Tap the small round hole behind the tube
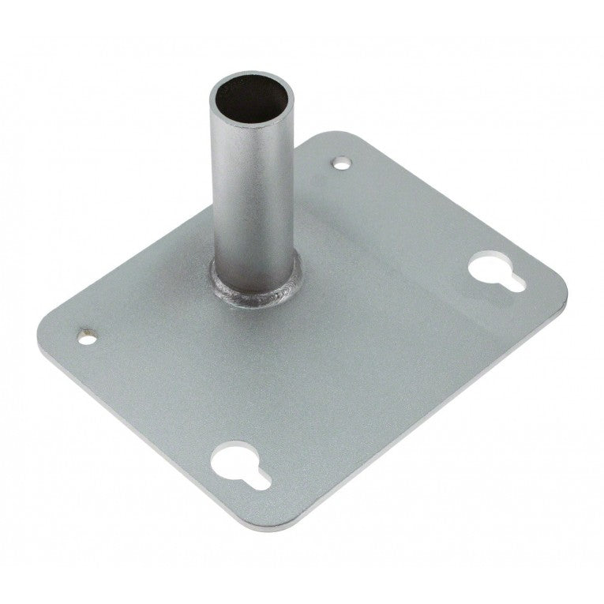[x=340, y=163]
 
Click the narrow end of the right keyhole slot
[x=514, y=281]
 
